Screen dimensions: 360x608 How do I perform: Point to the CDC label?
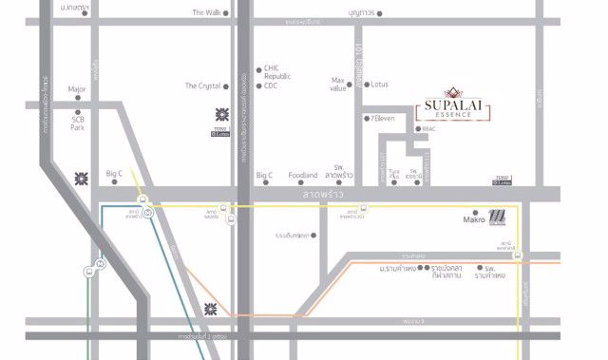(x=272, y=85)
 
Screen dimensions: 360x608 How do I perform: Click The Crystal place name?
(x=202, y=85)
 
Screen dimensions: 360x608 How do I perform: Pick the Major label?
(x=77, y=90)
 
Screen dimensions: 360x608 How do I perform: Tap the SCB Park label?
(x=78, y=123)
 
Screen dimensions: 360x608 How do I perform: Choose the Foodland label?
(x=303, y=175)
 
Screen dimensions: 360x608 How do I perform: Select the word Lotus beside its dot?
(x=380, y=85)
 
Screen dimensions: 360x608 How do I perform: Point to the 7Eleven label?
(x=383, y=118)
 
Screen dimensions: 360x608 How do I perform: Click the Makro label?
(x=474, y=220)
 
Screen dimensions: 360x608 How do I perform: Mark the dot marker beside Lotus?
(x=367, y=85)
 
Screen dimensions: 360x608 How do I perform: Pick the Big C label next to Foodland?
(x=264, y=175)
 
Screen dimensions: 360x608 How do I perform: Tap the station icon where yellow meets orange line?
(x=517, y=256)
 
